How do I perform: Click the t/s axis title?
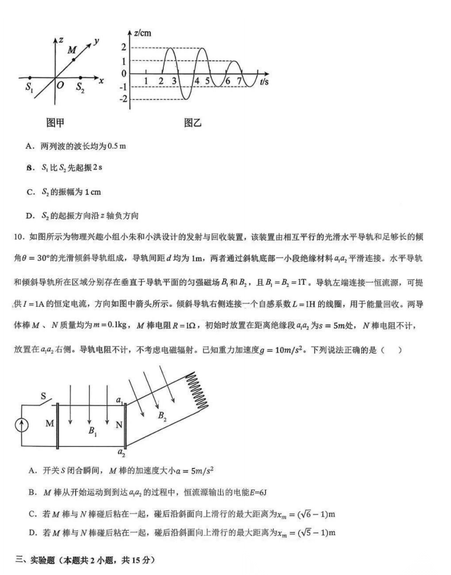(264, 81)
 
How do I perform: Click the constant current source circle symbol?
(22, 425)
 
